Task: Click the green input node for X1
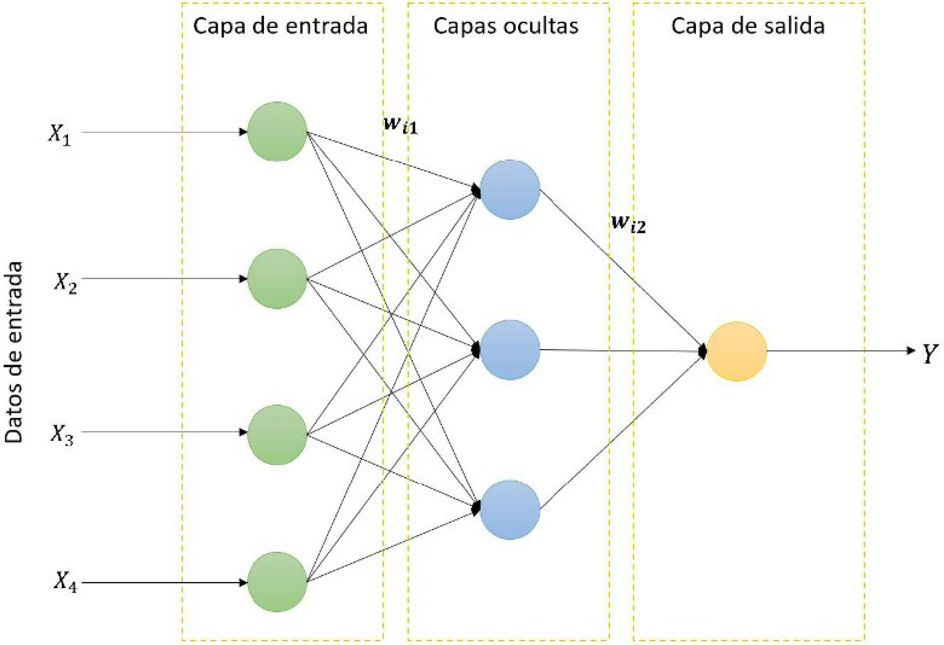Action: (x=277, y=131)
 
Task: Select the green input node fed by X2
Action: (x=277, y=279)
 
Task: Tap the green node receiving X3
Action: (x=277, y=434)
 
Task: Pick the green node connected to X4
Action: (x=277, y=582)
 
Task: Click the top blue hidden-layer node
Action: (x=510, y=189)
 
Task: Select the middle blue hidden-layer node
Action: (x=510, y=349)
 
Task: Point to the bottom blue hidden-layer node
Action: (x=510, y=509)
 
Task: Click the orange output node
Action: (x=736, y=351)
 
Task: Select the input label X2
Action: (x=66, y=284)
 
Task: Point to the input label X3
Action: (x=62, y=435)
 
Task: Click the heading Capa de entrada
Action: (x=281, y=26)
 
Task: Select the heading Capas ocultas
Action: (x=506, y=26)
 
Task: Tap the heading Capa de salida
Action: (x=748, y=26)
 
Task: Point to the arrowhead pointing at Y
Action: (x=910, y=351)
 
